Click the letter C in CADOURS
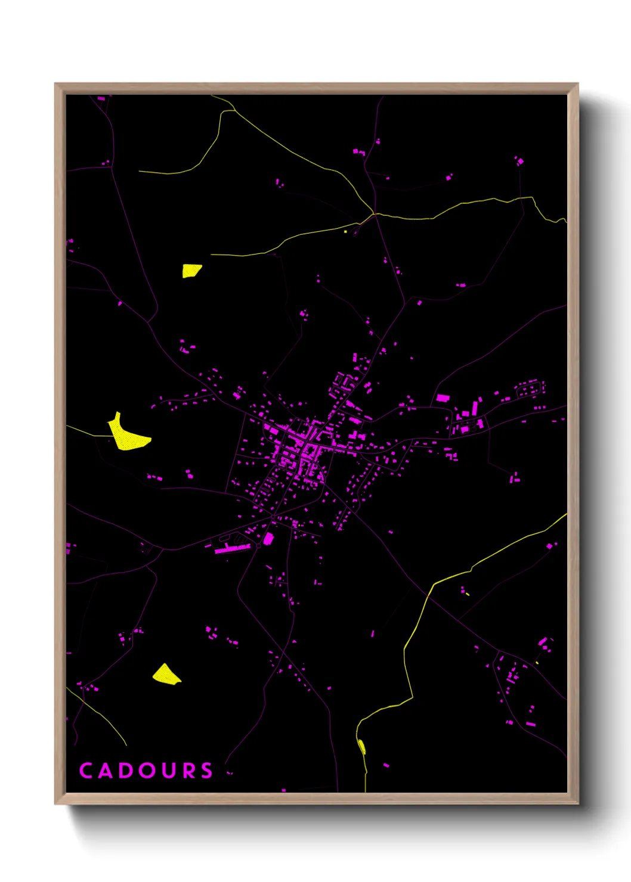(x=86, y=771)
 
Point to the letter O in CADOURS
(x=147, y=771)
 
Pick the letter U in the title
(x=168, y=771)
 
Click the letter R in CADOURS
(x=188, y=771)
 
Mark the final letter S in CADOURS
(x=206, y=771)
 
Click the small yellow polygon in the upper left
(x=191, y=271)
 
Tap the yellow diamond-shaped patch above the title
(x=166, y=675)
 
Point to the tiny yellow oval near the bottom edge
(x=361, y=746)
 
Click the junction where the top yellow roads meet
(x=373, y=213)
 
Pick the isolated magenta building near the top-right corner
(x=519, y=161)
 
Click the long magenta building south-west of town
(x=233, y=548)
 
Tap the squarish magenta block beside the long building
(x=268, y=539)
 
